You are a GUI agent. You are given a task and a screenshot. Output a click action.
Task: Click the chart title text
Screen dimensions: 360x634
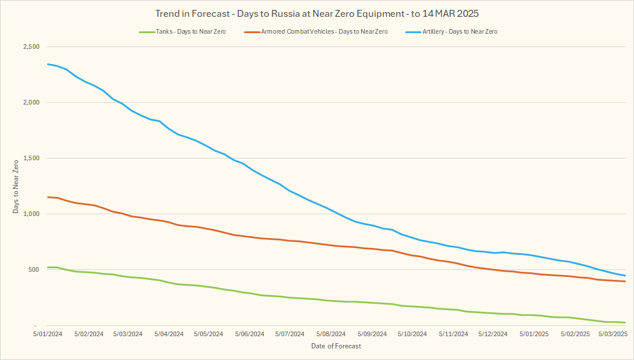pos(317,13)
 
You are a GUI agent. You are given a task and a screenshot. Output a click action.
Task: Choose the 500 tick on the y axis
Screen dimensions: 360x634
pos(34,270)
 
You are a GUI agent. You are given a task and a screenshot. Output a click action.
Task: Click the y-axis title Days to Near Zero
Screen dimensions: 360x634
pos(16,186)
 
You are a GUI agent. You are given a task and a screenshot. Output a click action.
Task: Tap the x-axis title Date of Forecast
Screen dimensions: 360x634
pos(336,347)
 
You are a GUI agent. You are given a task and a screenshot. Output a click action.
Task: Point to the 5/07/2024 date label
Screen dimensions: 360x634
pos(289,334)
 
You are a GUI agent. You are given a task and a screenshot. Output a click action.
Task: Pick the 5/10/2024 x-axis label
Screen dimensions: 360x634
pos(410,334)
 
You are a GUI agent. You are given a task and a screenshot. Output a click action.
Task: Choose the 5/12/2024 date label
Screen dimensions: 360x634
pos(491,334)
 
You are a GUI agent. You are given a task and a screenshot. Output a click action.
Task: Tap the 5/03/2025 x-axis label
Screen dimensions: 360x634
pos(612,334)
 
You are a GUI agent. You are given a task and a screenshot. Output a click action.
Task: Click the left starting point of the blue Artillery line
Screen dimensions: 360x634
pos(48,64)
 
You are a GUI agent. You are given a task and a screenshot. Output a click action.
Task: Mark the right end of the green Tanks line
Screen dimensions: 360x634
pos(625,322)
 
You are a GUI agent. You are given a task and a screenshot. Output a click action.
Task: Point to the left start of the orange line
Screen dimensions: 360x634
pos(48,197)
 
